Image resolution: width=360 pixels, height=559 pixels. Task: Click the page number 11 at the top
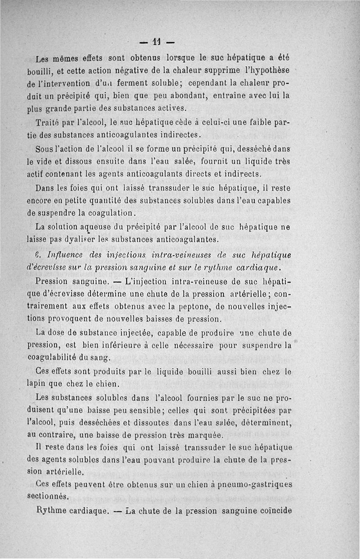pyautogui.click(x=156, y=43)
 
